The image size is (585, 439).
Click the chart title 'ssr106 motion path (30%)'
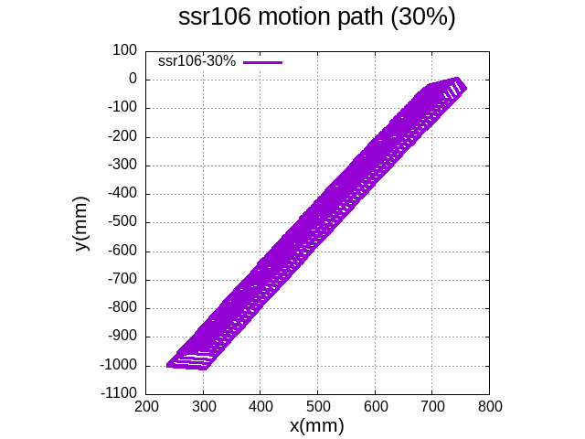(316, 18)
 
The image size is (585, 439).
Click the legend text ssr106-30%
(197, 61)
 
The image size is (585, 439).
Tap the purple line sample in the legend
(263, 61)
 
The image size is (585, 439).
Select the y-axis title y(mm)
(82, 223)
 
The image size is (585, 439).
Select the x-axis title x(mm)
(316, 425)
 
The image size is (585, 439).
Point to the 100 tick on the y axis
(123, 50)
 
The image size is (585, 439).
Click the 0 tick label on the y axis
(132, 80)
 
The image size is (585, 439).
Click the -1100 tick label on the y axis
(118, 394)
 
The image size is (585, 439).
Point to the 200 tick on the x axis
(145, 405)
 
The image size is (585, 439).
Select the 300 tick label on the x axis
(203, 405)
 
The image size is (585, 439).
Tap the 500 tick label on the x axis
(317, 405)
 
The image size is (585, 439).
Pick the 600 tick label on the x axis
(375, 405)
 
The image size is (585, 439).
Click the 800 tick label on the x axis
(490, 405)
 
